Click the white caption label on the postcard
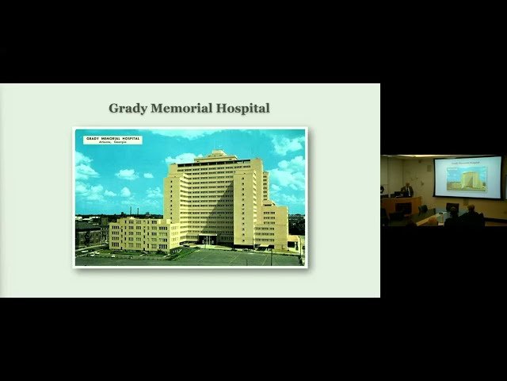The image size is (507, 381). pyautogui.click(x=112, y=140)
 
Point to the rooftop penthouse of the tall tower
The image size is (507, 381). pyautogui.click(x=215, y=153)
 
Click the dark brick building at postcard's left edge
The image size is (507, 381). pyautogui.click(x=87, y=233)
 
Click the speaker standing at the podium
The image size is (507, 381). pyautogui.click(x=408, y=190)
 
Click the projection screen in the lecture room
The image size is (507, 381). pyautogui.click(x=467, y=177)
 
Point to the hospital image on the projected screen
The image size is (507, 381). pyautogui.click(x=467, y=179)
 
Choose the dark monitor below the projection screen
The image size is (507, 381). pyautogui.click(x=452, y=208)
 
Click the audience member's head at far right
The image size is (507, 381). pyautogui.click(x=472, y=209)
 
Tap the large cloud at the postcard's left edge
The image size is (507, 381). pyautogui.click(x=85, y=169)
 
